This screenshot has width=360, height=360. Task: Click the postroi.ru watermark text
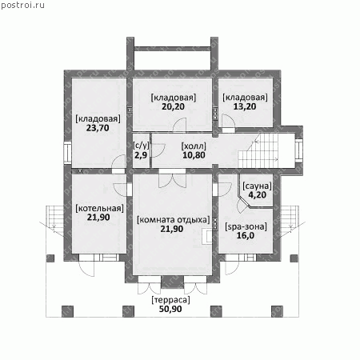point(22,5)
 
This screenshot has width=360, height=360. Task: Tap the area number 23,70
point(98,128)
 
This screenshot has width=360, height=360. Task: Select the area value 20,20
point(173,106)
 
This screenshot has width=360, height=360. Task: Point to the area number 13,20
point(245,106)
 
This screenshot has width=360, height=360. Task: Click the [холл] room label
point(194,146)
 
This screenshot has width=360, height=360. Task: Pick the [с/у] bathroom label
point(141,146)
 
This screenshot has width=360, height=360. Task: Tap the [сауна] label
point(257,186)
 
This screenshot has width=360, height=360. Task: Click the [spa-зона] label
point(246,226)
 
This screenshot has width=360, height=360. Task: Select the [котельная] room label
point(100,208)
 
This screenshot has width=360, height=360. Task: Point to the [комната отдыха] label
point(174,220)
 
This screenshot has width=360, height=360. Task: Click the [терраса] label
point(170,300)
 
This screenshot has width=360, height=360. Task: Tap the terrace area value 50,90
point(170,309)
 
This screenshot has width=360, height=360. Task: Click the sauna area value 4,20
point(258,195)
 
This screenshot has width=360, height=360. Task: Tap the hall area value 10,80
point(194,155)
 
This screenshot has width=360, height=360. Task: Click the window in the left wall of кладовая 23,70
point(68,153)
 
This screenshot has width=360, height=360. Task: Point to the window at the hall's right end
point(299,150)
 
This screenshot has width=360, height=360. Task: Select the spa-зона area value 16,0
point(246,236)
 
